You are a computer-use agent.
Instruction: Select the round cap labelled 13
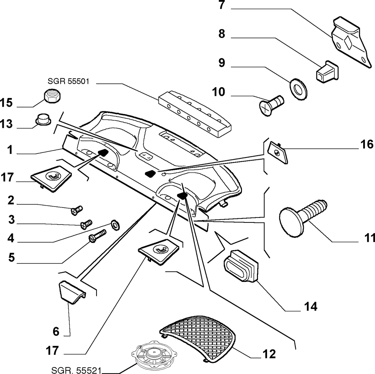43,119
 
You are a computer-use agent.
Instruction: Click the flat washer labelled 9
299,89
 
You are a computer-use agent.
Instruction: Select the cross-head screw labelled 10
272,105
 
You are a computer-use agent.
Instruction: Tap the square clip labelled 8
326,72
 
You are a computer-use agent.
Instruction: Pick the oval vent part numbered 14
241,265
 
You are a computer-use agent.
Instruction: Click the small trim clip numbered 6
72,293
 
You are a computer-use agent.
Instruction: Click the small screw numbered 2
77,211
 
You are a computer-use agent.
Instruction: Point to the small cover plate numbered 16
277,153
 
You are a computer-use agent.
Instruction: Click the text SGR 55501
68,81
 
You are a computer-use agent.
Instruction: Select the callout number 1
10,150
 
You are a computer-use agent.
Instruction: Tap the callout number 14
311,307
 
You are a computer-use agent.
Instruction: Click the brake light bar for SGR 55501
195,114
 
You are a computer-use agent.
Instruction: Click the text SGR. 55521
76,370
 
